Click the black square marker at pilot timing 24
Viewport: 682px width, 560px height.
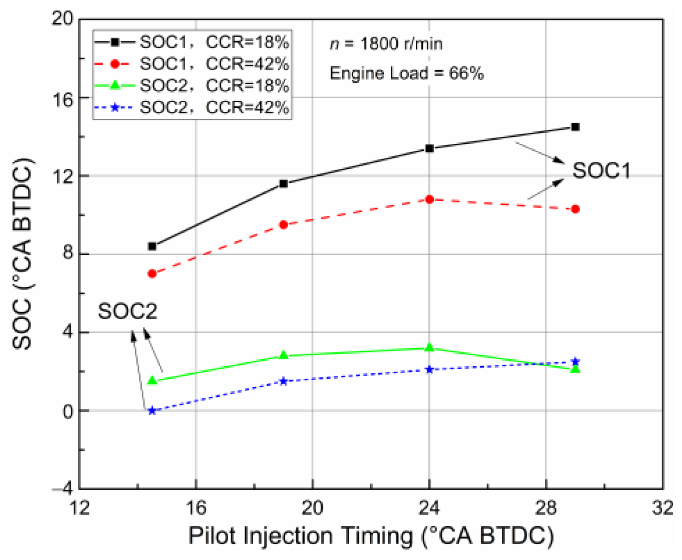click(429, 148)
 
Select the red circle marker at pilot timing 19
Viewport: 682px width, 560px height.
click(283, 225)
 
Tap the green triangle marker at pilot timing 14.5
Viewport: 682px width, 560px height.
click(152, 381)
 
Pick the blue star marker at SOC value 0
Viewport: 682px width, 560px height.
click(152, 411)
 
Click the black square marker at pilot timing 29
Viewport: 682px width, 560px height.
click(575, 127)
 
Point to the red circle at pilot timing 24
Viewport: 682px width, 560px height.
click(429, 199)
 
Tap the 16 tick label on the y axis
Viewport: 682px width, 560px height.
click(63, 98)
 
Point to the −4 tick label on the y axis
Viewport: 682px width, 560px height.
click(62, 489)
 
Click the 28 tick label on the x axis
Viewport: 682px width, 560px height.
click(546, 508)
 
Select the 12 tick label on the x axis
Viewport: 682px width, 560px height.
click(80, 508)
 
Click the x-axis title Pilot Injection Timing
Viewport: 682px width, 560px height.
click(371, 536)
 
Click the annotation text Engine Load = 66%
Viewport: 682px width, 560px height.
click(407, 73)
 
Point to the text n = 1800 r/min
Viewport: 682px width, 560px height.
click(386, 44)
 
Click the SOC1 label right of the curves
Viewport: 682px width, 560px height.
click(601, 171)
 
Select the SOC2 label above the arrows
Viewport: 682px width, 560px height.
click(127, 311)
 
